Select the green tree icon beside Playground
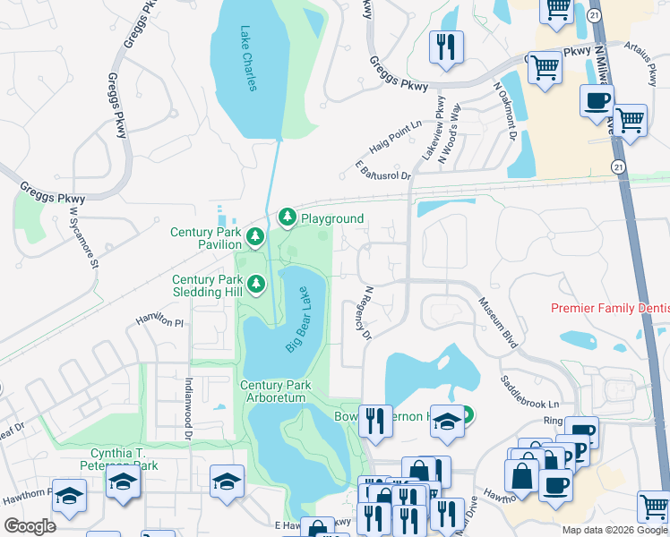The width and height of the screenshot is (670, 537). click(288, 217)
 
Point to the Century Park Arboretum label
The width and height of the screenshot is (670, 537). click(276, 391)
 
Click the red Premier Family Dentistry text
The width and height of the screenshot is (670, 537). click(610, 308)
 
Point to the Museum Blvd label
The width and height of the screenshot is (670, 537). click(497, 322)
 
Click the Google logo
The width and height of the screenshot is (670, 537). click(30, 526)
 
